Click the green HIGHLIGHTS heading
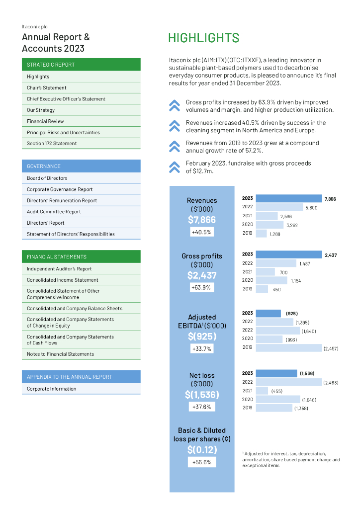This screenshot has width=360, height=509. point(203,38)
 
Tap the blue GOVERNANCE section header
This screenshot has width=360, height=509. point(81,166)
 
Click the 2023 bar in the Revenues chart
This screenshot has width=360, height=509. point(288,198)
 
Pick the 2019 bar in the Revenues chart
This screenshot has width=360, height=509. point(261,234)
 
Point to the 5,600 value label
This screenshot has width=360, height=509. point(311,207)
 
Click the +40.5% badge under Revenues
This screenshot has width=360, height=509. point(201,232)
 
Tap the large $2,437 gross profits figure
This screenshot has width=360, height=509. point(201,275)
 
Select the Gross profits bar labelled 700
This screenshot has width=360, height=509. point(265,272)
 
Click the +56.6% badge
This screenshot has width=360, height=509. point(201,462)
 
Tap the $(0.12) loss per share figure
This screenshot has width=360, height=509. point(201,450)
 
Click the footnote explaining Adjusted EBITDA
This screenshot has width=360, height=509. point(291,459)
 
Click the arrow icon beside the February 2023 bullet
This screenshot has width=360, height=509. point(174,167)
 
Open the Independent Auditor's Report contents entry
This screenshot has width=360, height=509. point(59,269)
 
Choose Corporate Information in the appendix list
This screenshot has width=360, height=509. point(51,389)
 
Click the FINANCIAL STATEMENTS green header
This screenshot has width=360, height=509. point(81,257)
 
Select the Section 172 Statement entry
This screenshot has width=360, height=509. point(52,144)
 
